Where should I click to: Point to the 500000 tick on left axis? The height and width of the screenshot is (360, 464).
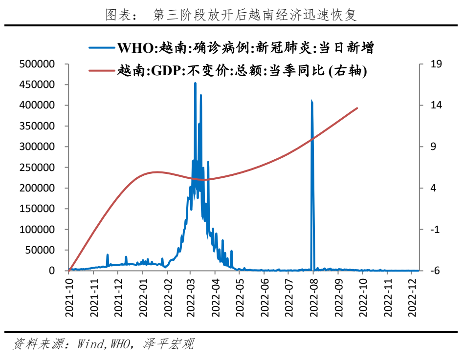pyautogui.click(x=43, y=64)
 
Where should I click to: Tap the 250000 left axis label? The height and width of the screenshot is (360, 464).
pyautogui.click(x=43, y=167)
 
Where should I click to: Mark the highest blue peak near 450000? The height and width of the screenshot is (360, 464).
pyautogui.click(x=195, y=83)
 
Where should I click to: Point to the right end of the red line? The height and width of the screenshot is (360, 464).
pyautogui.click(x=357, y=108)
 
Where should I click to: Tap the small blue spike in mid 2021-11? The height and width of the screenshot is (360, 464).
pyautogui.click(x=108, y=255)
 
